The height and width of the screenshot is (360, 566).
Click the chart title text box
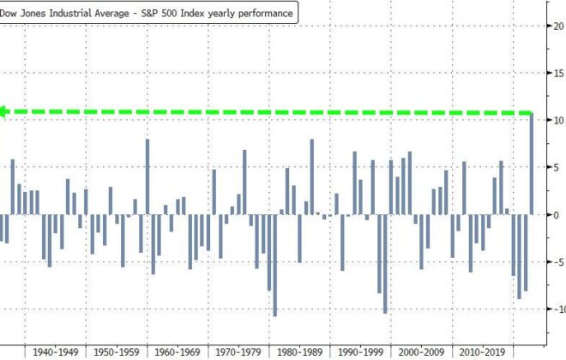coord(148,14)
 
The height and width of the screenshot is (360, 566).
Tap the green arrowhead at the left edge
coord(4,111)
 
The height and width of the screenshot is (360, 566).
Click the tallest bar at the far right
coord(532,163)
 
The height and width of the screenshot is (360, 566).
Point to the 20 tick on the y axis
coord(557,26)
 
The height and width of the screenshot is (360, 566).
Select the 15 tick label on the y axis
coord(557,73)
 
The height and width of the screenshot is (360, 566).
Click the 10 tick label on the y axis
coord(557,120)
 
